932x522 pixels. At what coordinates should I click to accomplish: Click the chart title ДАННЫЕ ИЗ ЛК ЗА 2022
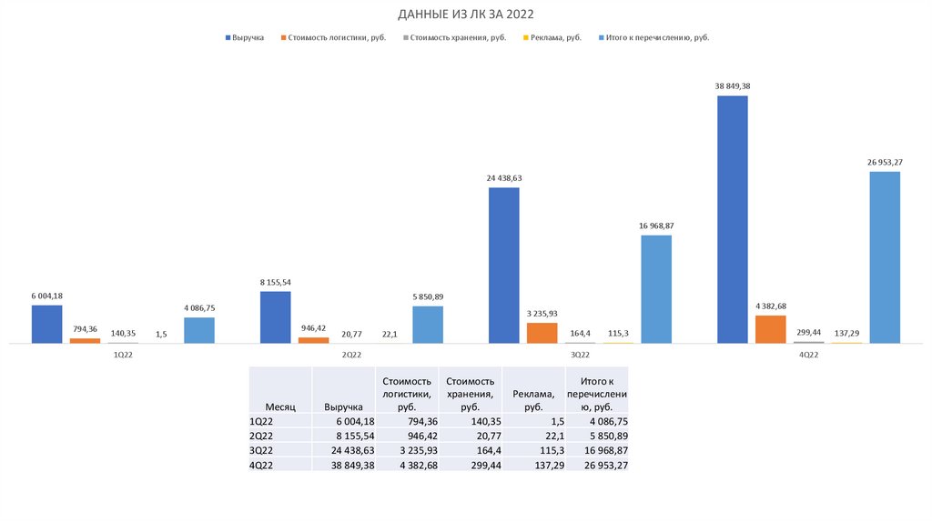coord(466,15)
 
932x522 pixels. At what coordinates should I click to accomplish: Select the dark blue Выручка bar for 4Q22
coord(732,219)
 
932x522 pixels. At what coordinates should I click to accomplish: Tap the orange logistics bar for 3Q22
coord(542,333)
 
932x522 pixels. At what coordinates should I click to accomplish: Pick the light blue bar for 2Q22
coord(427,325)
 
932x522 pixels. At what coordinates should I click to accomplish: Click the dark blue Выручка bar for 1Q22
coord(46,325)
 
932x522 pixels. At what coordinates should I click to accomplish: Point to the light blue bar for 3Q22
coord(655,289)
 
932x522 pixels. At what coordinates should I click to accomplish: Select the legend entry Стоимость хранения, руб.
coord(454,37)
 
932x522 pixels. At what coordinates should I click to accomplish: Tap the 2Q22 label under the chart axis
coord(351,355)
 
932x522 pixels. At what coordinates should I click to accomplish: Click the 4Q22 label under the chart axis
coord(808,355)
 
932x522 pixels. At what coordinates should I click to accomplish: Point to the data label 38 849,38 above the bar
coord(732,85)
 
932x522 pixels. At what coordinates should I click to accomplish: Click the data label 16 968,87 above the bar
coord(655,225)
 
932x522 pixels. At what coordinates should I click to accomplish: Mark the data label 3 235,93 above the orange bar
coord(542,313)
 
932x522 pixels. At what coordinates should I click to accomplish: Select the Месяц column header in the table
coord(279,407)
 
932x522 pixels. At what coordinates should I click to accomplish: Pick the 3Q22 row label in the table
coord(261,450)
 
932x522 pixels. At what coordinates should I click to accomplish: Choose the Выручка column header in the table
coord(343,407)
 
